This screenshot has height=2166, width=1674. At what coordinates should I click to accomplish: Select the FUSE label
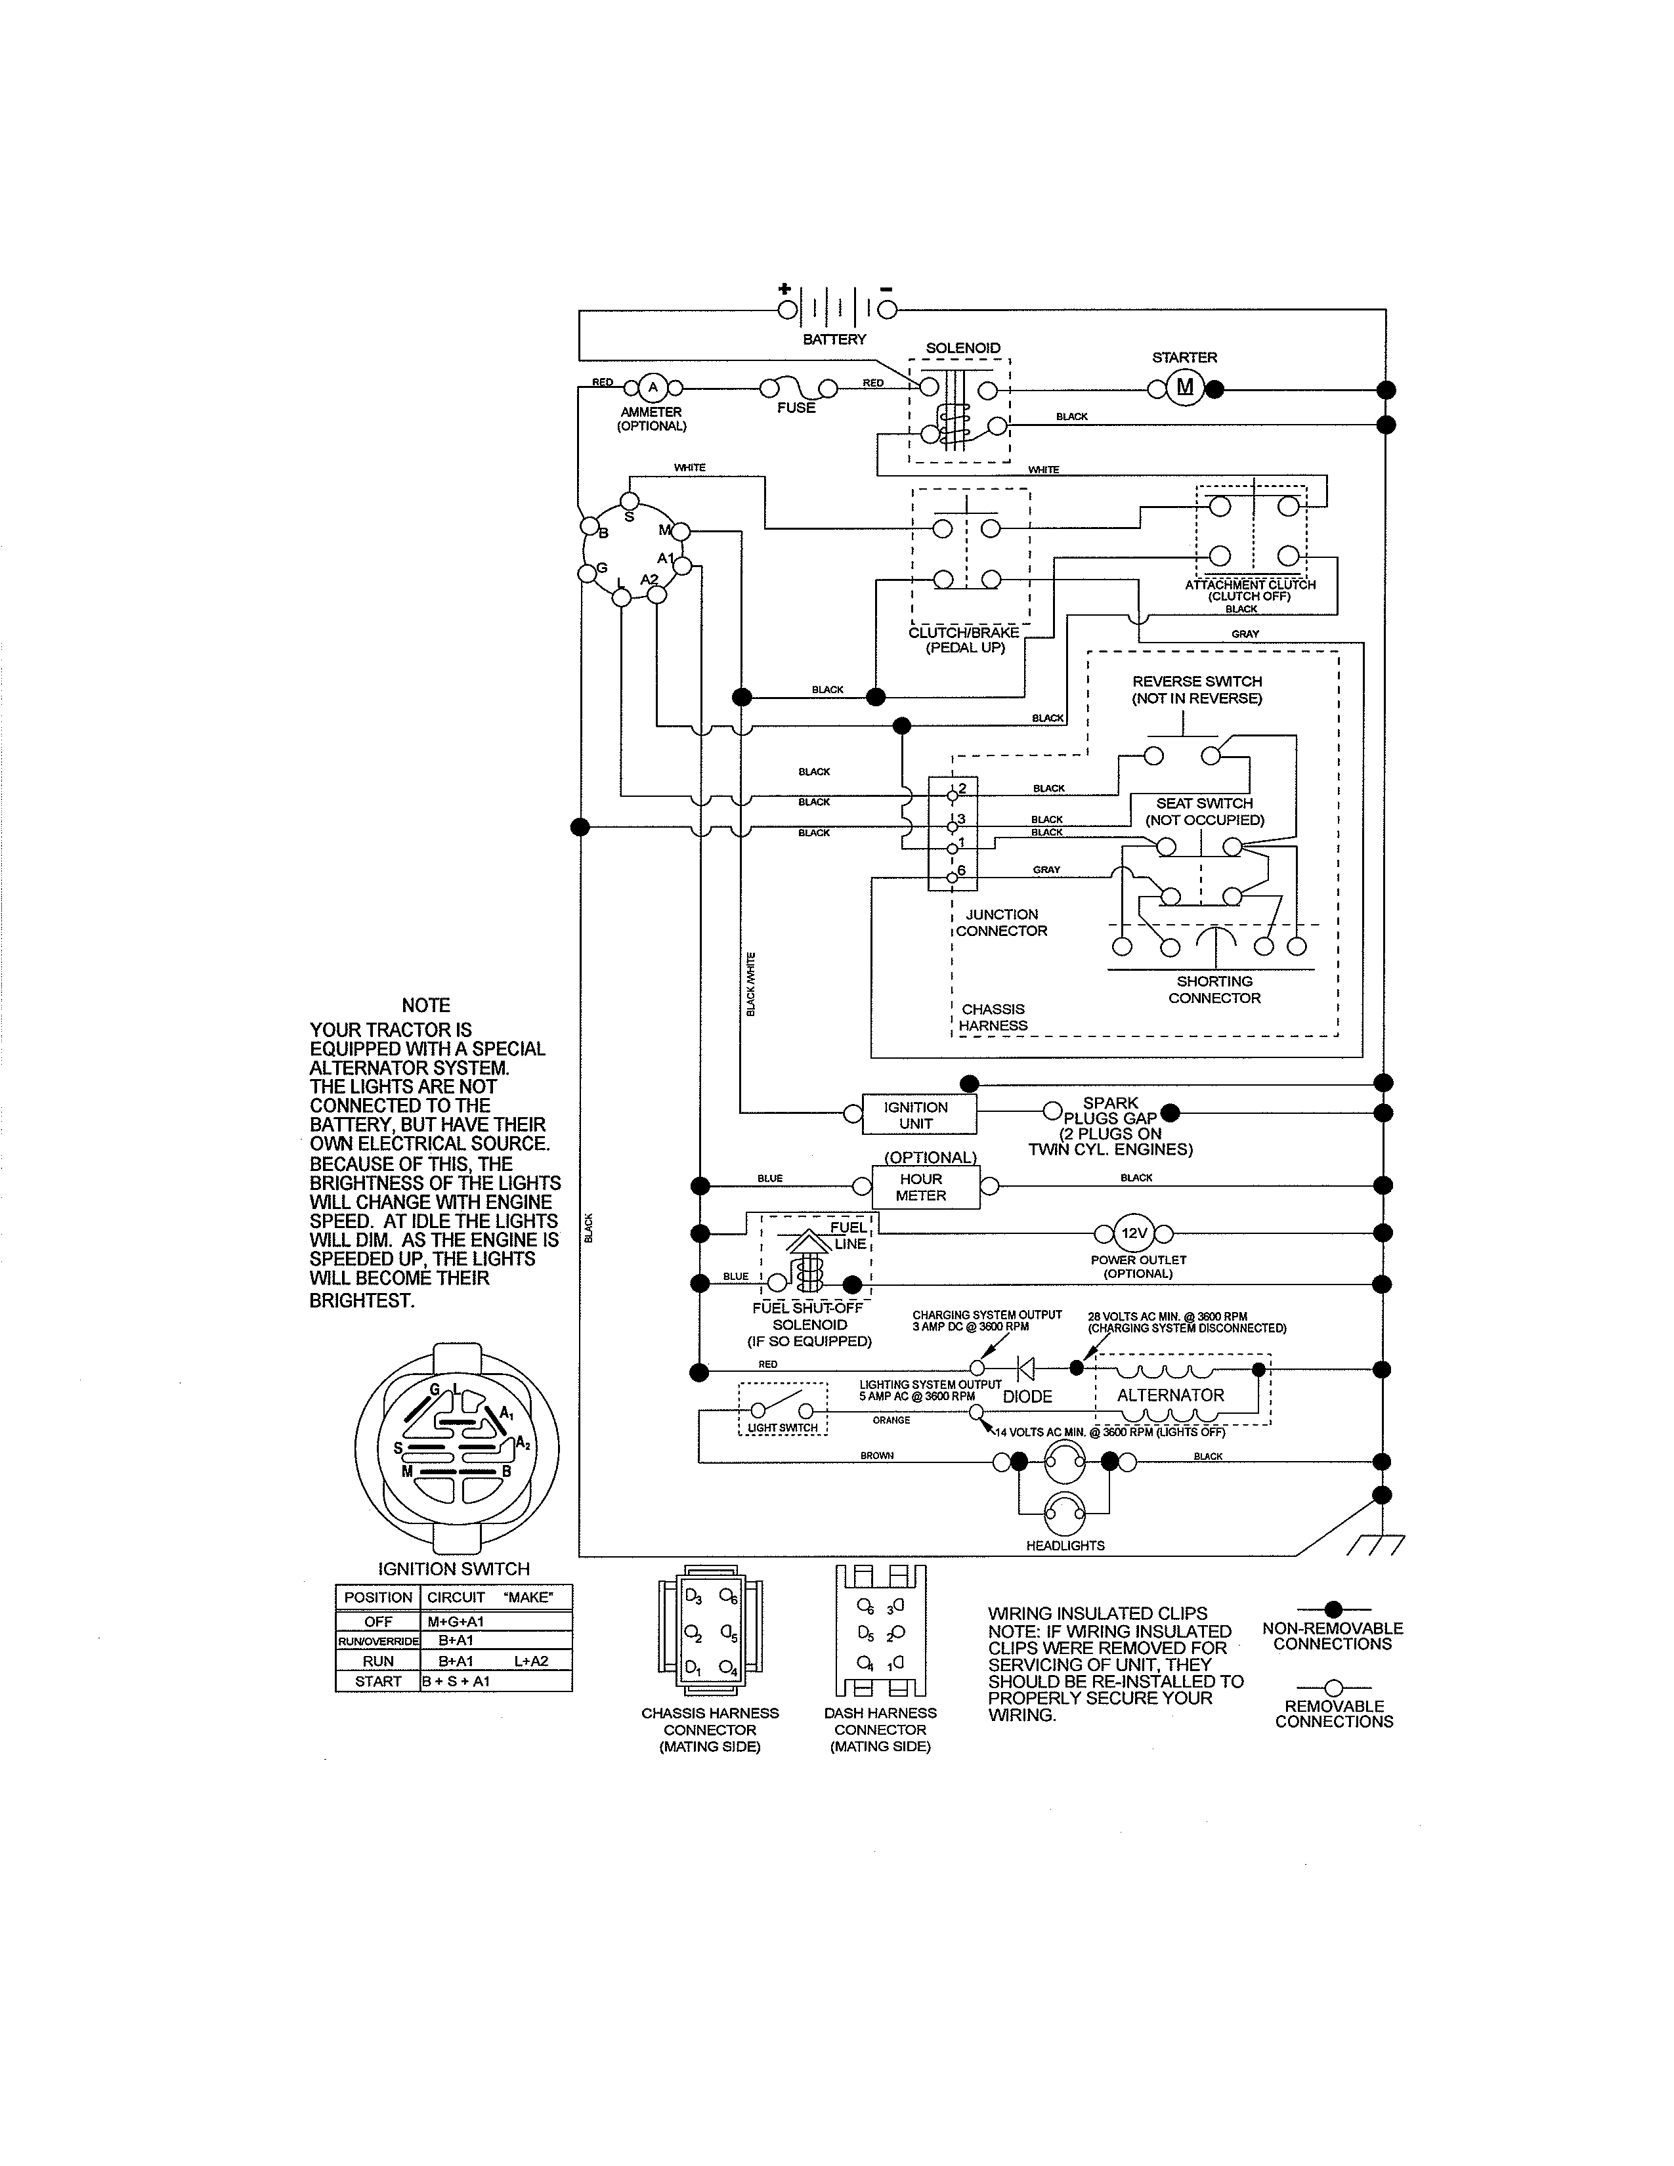pos(796,408)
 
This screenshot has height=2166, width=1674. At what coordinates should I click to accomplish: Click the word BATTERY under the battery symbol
pos(834,339)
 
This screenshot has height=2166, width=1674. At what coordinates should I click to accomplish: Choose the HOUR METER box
pos(922,1187)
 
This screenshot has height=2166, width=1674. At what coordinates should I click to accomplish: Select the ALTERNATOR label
pos(1170,1395)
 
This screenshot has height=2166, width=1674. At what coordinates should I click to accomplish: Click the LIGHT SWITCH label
pos(783,1428)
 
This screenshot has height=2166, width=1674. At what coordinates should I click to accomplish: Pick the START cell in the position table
pos(378,1681)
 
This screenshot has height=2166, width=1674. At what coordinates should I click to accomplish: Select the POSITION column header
pos(378,1598)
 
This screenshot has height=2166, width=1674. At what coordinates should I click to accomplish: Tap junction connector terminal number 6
pos(953,876)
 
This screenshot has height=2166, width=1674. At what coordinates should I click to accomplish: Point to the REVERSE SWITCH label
pos(1197,689)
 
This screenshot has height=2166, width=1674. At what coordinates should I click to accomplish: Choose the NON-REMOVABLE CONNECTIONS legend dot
pos(1334,1609)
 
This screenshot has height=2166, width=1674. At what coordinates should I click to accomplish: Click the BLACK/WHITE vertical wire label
pos(751,984)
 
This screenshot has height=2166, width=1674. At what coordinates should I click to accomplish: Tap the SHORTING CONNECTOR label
pos(1214,988)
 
